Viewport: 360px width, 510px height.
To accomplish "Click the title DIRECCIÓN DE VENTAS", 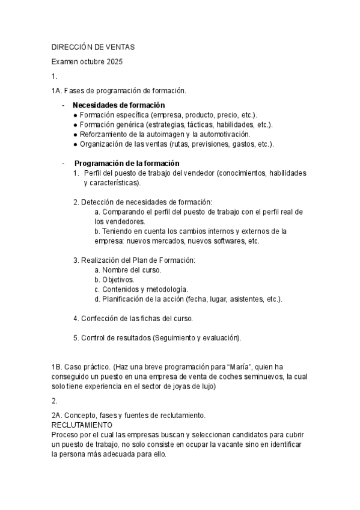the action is click(93, 46).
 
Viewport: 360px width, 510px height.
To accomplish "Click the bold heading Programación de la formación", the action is click(126, 163).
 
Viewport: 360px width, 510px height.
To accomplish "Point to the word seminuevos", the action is click(263, 376).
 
